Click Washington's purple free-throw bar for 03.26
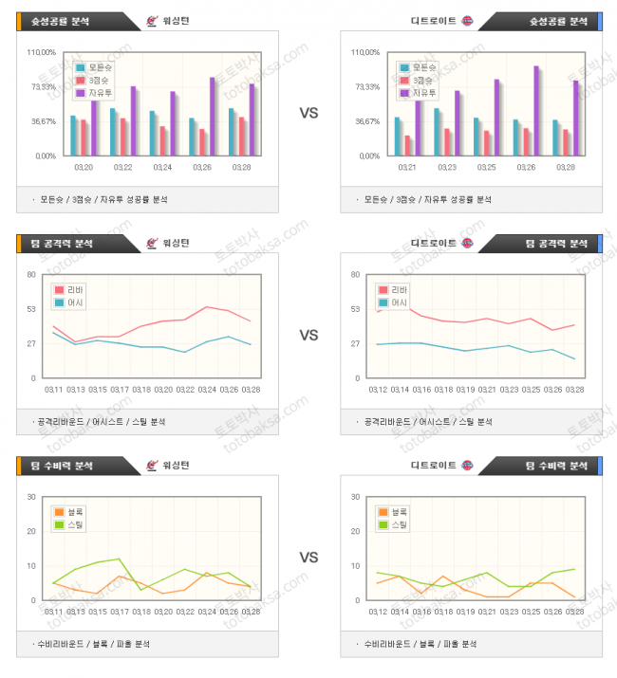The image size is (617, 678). coord(213,116)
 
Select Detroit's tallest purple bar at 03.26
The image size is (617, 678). coord(536,110)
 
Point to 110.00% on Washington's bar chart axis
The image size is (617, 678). coord(42,52)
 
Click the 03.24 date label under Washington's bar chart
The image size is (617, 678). coord(163,167)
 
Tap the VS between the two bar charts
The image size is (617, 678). coord(308,113)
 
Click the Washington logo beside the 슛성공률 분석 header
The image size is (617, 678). coord(154,21)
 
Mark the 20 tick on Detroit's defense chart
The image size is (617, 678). coord(355,532)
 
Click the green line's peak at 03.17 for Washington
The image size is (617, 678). coord(120,559)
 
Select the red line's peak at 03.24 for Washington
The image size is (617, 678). coord(207,306)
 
